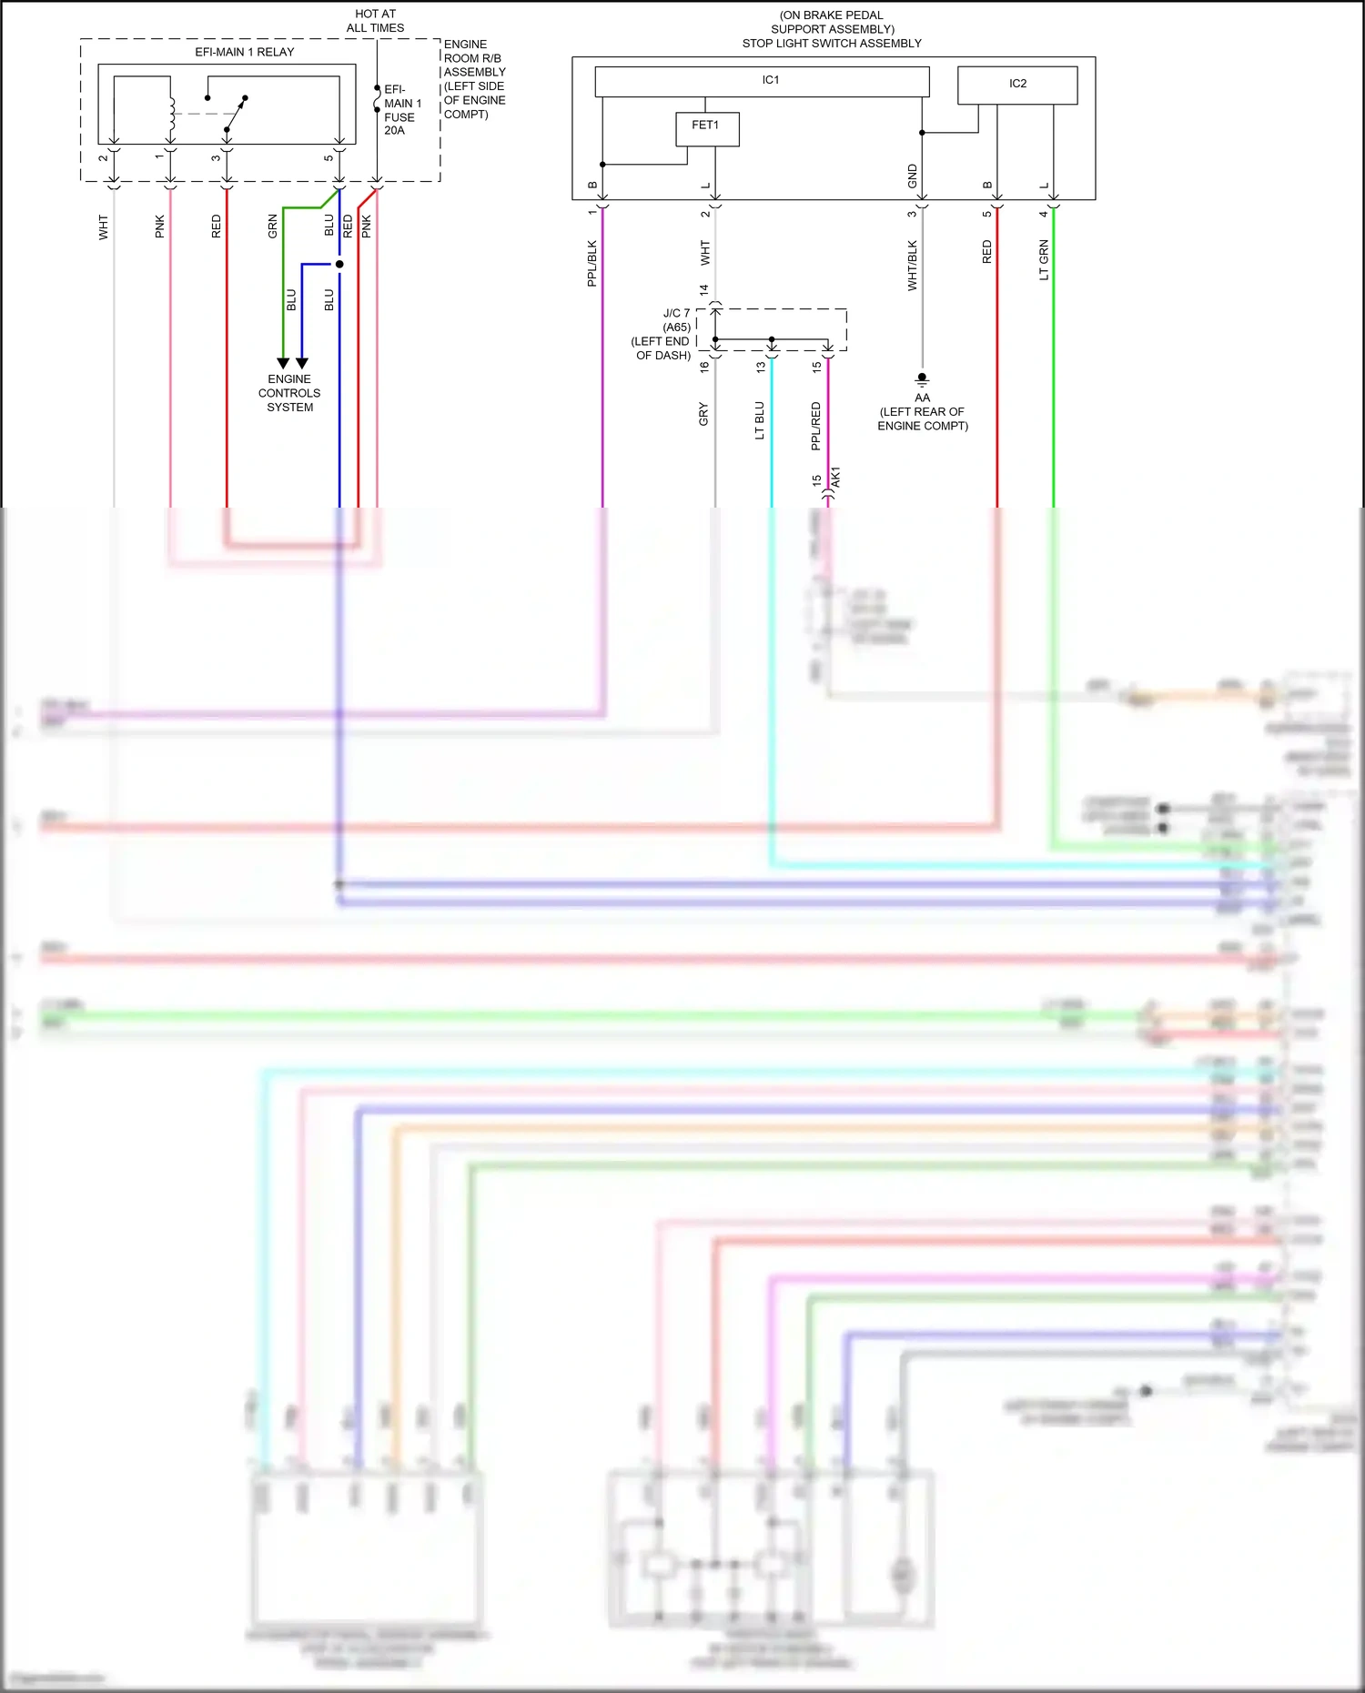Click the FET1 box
click(x=707, y=128)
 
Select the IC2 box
click(x=1017, y=85)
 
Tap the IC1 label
click(x=771, y=80)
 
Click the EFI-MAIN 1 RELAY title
click(x=245, y=52)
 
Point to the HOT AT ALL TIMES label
click(x=375, y=21)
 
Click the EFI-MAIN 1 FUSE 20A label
click(x=401, y=110)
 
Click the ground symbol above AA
click(x=922, y=378)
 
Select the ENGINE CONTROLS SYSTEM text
click(x=289, y=393)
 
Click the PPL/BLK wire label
click(x=592, y=264)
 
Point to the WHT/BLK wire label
click(x=912, y=266)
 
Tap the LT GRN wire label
click(x=1044, y=260)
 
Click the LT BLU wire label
click(x=760, y=421)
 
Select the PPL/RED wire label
click(x=816, y=426)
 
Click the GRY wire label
click(x=703, y=415)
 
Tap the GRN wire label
click(x=272, y=227)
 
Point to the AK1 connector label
click(x=836, y=478)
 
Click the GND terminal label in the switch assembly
click(x=912, y=176)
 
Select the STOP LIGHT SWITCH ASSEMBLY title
click(x=832, y=43)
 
